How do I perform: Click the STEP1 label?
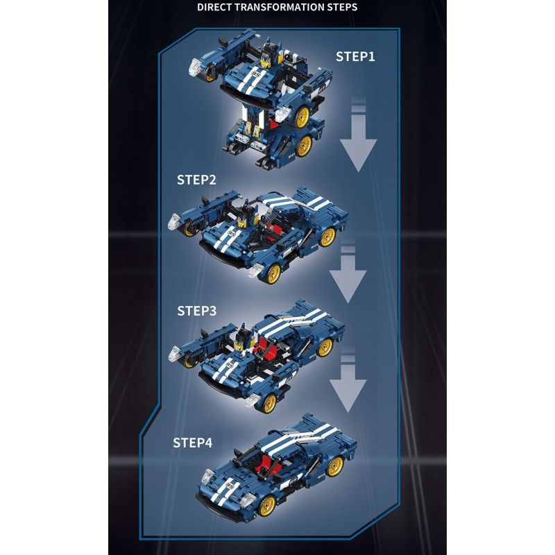(x=355, y=57)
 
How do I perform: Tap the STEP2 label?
(x=196, y=180)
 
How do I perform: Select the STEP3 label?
(x=196, y=311)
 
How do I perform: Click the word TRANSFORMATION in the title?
(x=281, y=8)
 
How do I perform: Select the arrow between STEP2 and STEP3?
(x=347, y=273)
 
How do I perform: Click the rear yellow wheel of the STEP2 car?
(x=327, y=236)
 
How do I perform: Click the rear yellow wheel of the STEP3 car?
(x=324, y=348)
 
